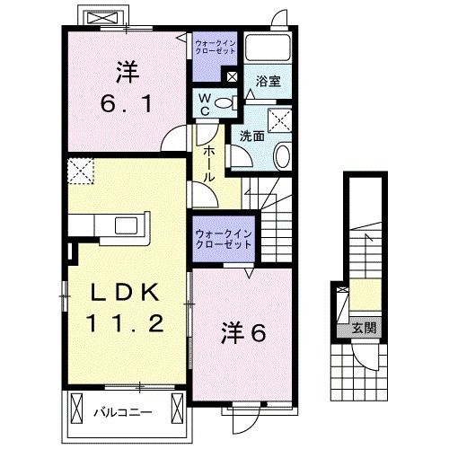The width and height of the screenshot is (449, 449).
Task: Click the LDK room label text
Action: pyautogui.click(x=126, y=293)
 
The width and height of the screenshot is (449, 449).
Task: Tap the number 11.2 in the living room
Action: pyautogui.click(x=126, y=323)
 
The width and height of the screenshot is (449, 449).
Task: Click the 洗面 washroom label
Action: pyautogui.click(x=251, y=136)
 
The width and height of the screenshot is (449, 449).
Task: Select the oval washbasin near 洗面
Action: pyautogui.click(x=281, y=157)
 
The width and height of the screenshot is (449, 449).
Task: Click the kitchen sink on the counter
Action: pyautogui.click(x=125, y=224)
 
